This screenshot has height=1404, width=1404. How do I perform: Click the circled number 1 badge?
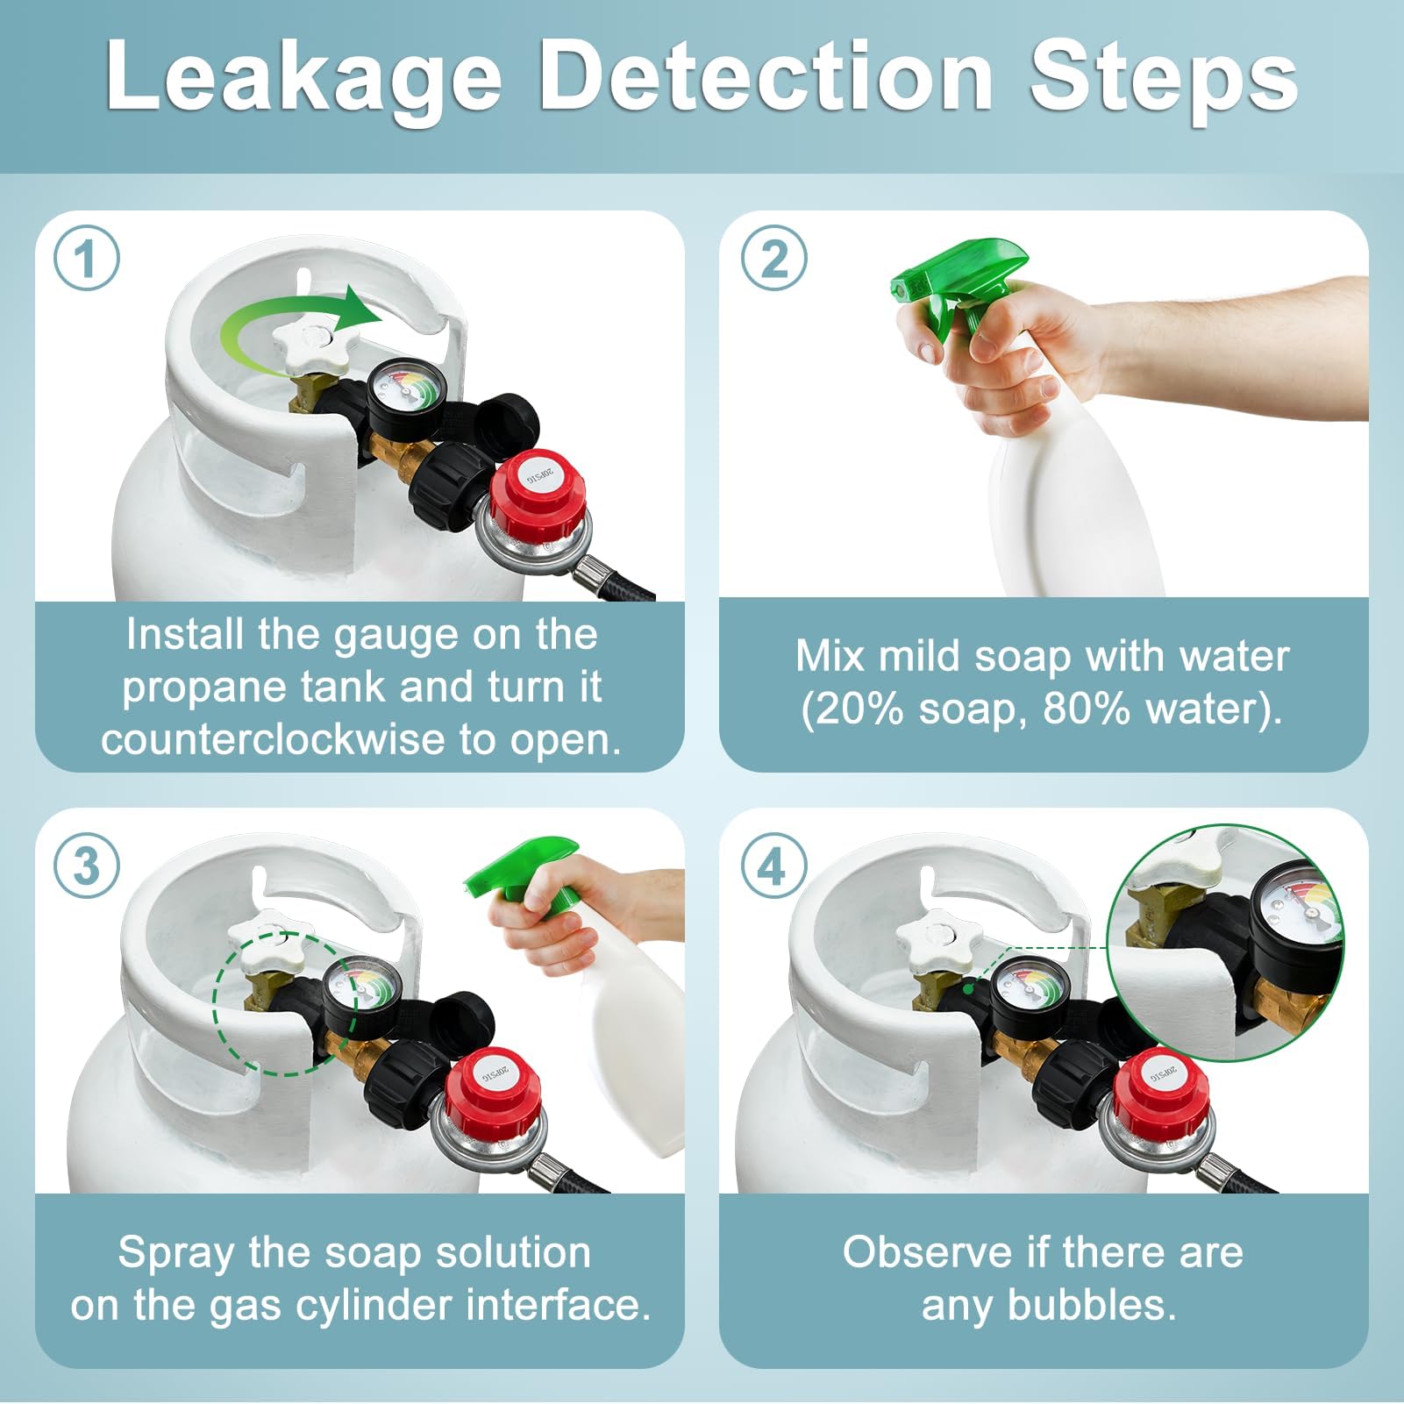(86, 259)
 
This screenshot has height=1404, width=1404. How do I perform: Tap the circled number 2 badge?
(773, 259)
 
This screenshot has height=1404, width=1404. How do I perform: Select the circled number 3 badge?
(86, 866)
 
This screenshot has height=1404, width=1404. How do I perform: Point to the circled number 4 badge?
(773, 866)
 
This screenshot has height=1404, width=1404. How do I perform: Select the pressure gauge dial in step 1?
(405, 391)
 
